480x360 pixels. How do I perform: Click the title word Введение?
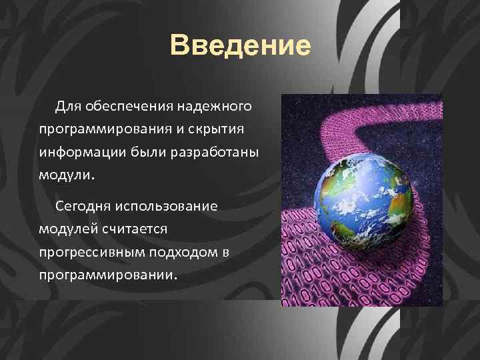pos(240,46)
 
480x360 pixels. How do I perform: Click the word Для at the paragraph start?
pos(68,106)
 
